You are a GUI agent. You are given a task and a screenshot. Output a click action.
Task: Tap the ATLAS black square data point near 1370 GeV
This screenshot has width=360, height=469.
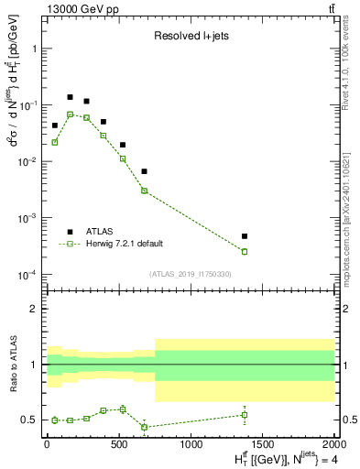(x=245, y=236)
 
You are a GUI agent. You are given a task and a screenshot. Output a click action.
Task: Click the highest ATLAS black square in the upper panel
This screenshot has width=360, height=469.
(x=70, y=96)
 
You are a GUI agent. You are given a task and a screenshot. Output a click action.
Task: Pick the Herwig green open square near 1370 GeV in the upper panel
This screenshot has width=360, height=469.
(x=245, y=251)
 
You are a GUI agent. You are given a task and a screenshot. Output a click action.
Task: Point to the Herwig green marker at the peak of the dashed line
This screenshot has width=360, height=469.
(x=70, y=114)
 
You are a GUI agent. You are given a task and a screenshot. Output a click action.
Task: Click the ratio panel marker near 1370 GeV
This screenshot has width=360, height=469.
(x=245, y=415)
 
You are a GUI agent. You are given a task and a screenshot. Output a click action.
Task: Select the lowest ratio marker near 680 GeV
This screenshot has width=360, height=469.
(x=145, y=427)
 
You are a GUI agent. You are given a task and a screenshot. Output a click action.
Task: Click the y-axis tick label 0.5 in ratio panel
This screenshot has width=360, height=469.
(x=29, y=420)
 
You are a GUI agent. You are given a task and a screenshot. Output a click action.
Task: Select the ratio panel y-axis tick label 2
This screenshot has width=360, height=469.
(x=34, y=309)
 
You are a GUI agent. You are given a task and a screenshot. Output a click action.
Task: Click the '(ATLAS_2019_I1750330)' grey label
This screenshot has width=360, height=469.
(x=191, y=274)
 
